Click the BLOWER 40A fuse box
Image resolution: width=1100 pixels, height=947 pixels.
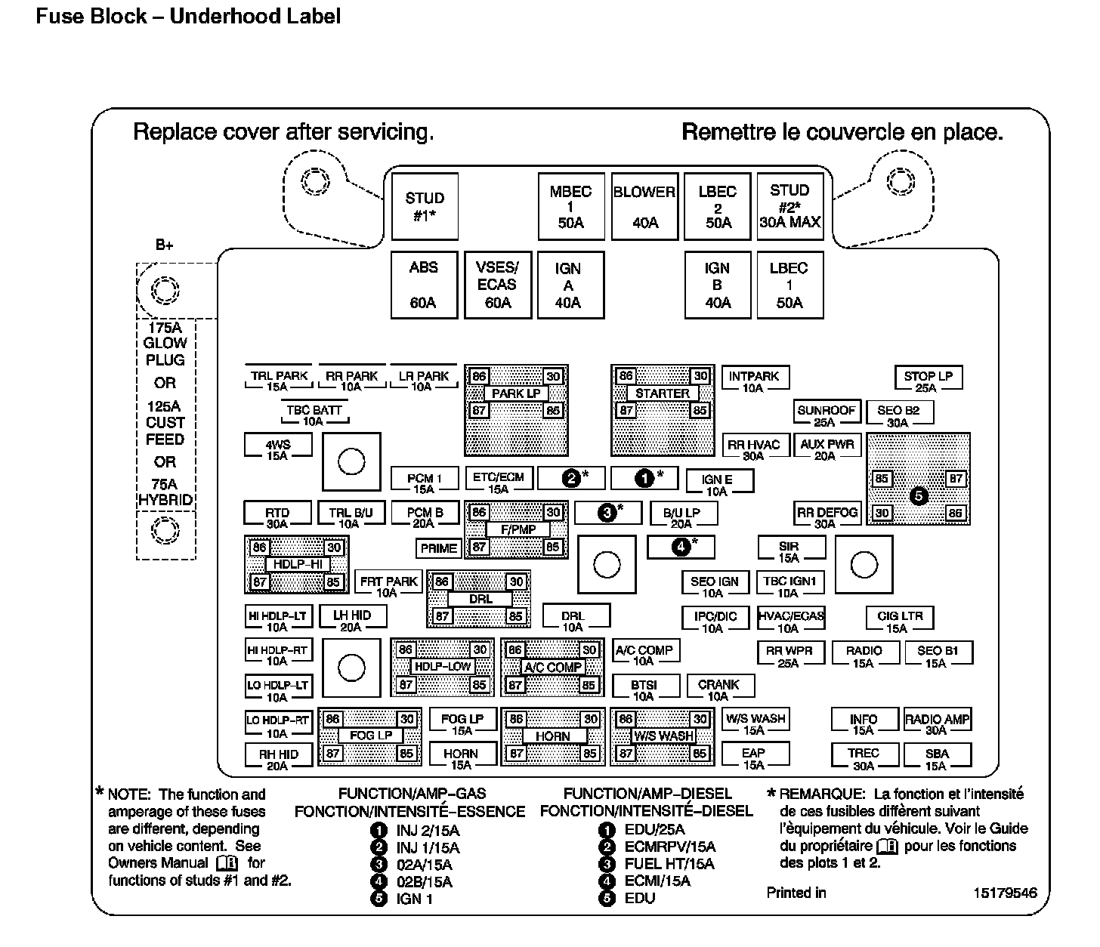644,206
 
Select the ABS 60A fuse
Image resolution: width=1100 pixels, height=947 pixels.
424,285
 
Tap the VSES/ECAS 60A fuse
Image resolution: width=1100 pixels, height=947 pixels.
497,285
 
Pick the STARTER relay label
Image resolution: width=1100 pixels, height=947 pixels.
663,393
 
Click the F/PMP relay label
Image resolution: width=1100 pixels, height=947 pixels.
518,529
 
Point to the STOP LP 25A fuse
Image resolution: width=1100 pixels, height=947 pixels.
928,381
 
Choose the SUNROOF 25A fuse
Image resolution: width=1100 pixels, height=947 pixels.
826,415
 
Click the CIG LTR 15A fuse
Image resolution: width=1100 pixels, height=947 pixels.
899,621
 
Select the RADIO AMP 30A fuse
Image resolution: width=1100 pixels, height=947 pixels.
937,723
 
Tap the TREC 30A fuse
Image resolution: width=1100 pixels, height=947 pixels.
863,757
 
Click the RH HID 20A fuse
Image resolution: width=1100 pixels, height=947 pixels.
278,758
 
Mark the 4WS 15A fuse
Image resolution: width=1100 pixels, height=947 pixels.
277,449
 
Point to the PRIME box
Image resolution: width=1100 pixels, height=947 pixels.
439,548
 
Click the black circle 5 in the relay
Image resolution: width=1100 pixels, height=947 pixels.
919,496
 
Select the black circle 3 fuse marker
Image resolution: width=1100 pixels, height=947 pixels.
607,513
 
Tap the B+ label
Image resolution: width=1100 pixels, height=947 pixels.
165,245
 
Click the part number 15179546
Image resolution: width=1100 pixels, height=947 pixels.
1005,893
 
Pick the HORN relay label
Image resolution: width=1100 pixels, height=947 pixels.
552,736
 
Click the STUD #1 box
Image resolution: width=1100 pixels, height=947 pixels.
425,206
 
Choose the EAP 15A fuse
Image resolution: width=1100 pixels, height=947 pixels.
753,757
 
